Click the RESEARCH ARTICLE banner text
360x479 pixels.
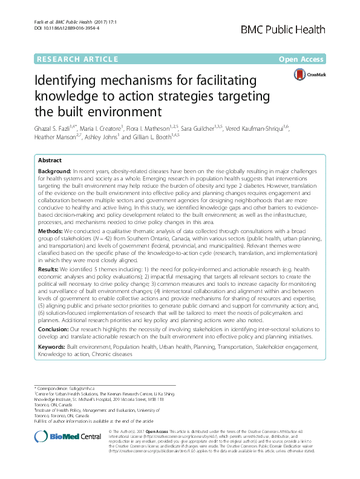point(77,59)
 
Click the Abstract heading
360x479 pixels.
point(50,161)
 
